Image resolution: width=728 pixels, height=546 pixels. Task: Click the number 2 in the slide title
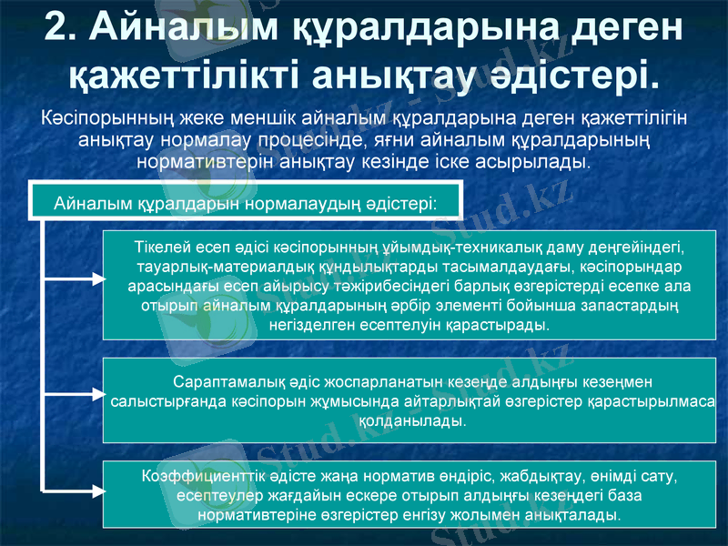coord(56,28)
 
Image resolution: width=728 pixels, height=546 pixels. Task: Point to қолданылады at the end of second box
coord(412,421)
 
